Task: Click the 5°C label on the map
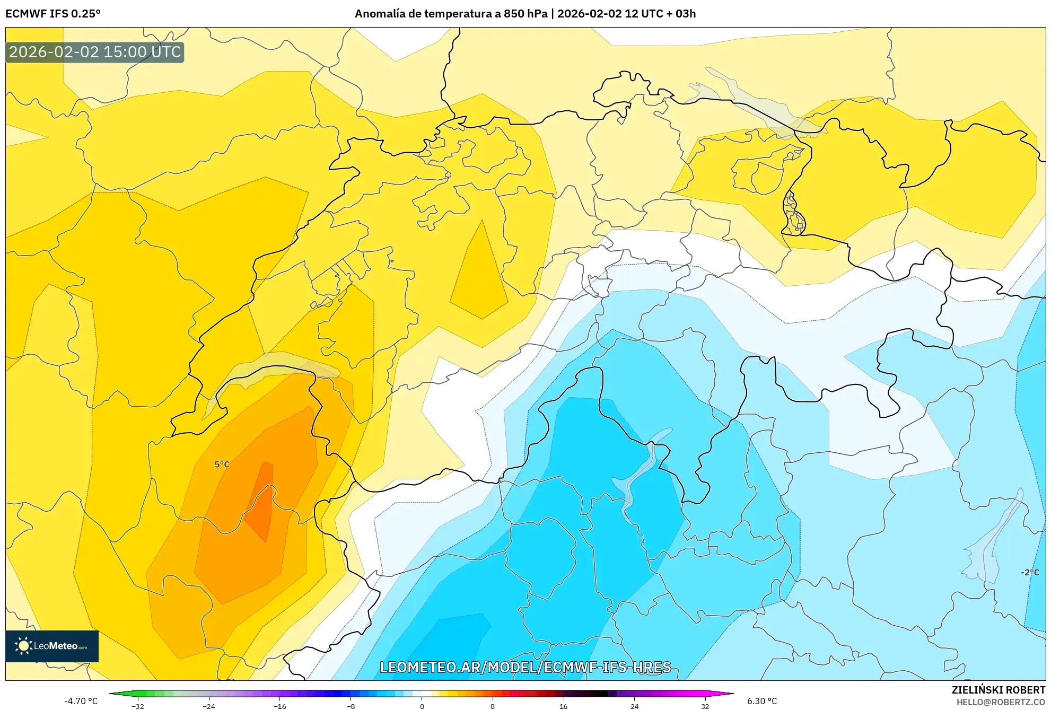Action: pyautogui.click(x=222, y=464)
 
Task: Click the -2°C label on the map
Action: pyautogui.click(x=1030, y=572)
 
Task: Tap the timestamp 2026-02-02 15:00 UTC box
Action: pyautogui.click(x=95, y=52)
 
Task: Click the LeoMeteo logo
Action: pyautogui.click(x=52, y=646)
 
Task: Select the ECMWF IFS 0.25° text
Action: pyautogui.click(x=53, y=14)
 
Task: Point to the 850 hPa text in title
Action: pyautogui.click(x=525, y=14)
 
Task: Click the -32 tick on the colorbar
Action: pyautogui.click(x=138, y=706)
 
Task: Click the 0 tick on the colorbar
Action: pyautogui.click(x=422, y=706)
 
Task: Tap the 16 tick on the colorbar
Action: pyautogui.click(x=563, y=706)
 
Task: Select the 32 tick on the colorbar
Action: pyautogui.click(x=705, y=706)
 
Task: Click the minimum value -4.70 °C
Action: pyautogui.click(x=81, y=701)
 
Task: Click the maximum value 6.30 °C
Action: pyautogui.click(x=762, y=701)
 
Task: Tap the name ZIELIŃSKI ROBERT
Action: pyautogui.click(x=998, y=690)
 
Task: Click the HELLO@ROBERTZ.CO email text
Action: pyautogui.click(x=1000, y=702)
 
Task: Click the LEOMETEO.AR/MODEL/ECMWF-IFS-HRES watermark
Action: pyautogui.click(x=525, y=667)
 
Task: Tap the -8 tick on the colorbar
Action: pyautogui.click(x=351, y=706)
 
